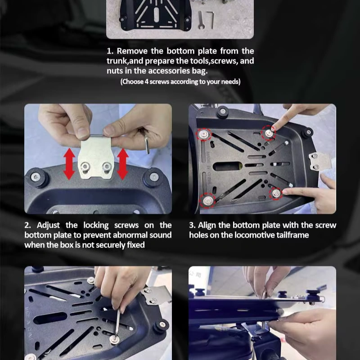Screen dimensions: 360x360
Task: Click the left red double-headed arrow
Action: pos(69,164)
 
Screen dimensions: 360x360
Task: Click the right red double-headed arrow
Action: pos(123,164)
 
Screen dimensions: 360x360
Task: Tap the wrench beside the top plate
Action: pos(201,20)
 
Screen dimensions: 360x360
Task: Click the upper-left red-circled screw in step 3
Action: pos(204,134)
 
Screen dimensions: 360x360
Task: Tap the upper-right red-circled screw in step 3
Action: pos(269,133)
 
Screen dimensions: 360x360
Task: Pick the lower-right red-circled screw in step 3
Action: pos(276,193)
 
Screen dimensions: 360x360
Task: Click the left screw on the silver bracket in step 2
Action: pos(85,166)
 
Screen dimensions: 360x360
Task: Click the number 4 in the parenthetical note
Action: pos(147,82)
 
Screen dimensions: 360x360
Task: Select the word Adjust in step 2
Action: pos(48,225)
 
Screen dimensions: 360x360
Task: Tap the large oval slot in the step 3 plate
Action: pos(227,166)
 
